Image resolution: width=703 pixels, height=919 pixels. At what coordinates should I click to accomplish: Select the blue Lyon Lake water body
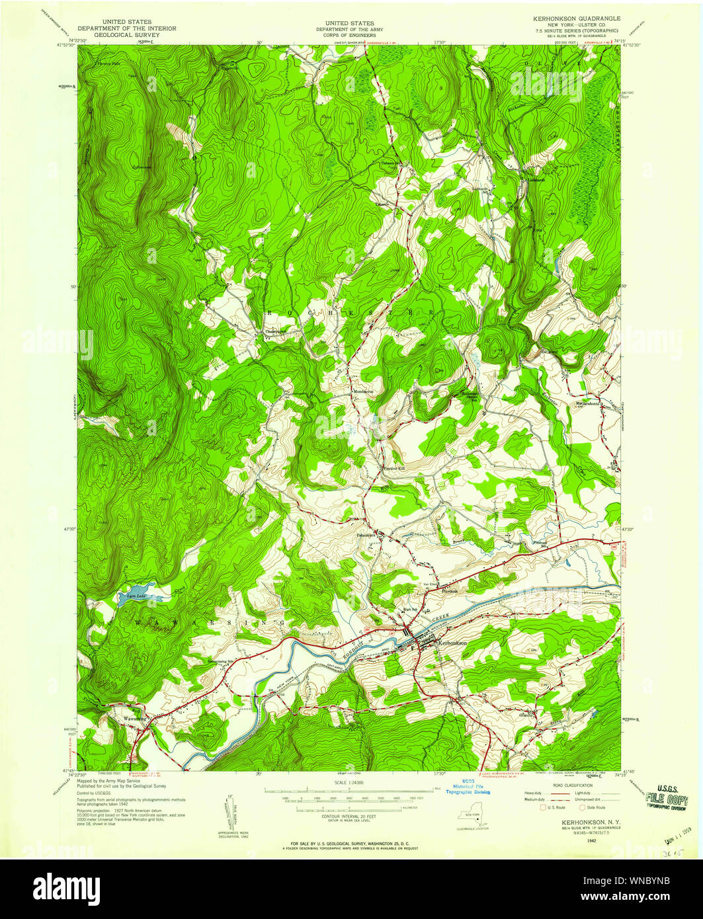(140, 593)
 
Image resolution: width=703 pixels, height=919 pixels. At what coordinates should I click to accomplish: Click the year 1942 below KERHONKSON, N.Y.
(581, 840)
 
